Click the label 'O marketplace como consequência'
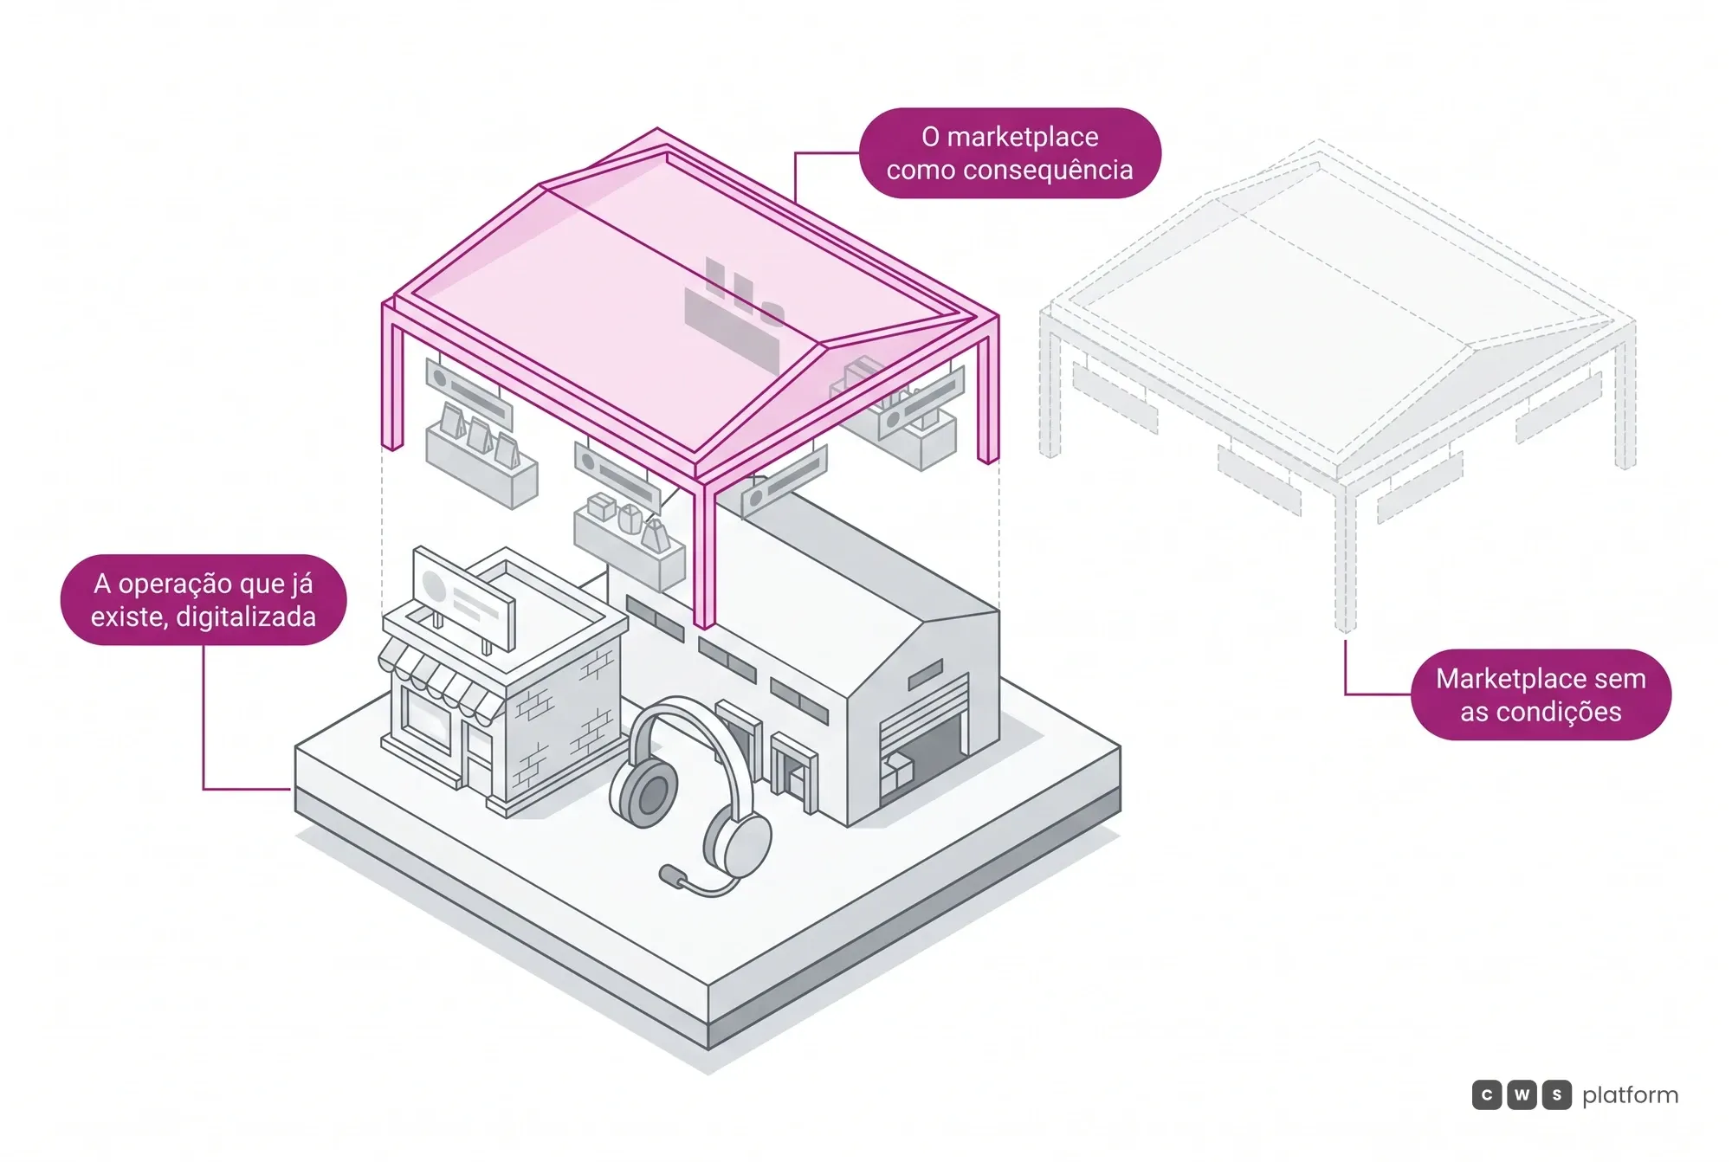tap(1010, 153)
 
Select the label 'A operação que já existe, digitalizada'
tap(204, 599)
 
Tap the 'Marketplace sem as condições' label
tap(1541, 694)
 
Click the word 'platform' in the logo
tap(1630, 1095)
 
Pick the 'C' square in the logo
tap(1487, 1095)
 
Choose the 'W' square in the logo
tap(1522, 1095)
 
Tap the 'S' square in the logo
tap(1556, 1095)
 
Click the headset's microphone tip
tap(669, 875)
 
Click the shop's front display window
tap(427, 718)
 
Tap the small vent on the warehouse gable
tap(925, 675)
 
